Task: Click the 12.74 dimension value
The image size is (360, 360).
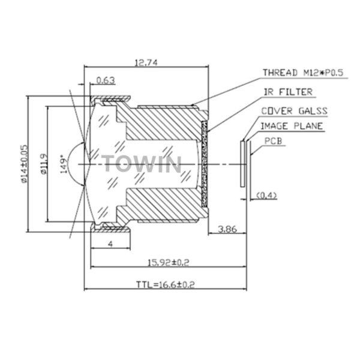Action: click(x=146, y=62)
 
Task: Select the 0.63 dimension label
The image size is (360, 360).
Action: click(x=106, y=80)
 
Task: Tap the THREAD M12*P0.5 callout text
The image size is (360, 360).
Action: click(x=303, y=73)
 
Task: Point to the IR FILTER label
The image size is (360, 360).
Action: click(x=288, y=92)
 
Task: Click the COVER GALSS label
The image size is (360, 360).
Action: click(x=295, y=111)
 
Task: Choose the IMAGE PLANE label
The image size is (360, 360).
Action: click(x=292, y=126)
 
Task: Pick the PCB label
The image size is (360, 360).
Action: click(x=273, y=141)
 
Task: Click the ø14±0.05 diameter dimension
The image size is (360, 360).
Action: click(x=25, y=164)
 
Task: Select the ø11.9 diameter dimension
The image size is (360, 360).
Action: click(x=44, y=164)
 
